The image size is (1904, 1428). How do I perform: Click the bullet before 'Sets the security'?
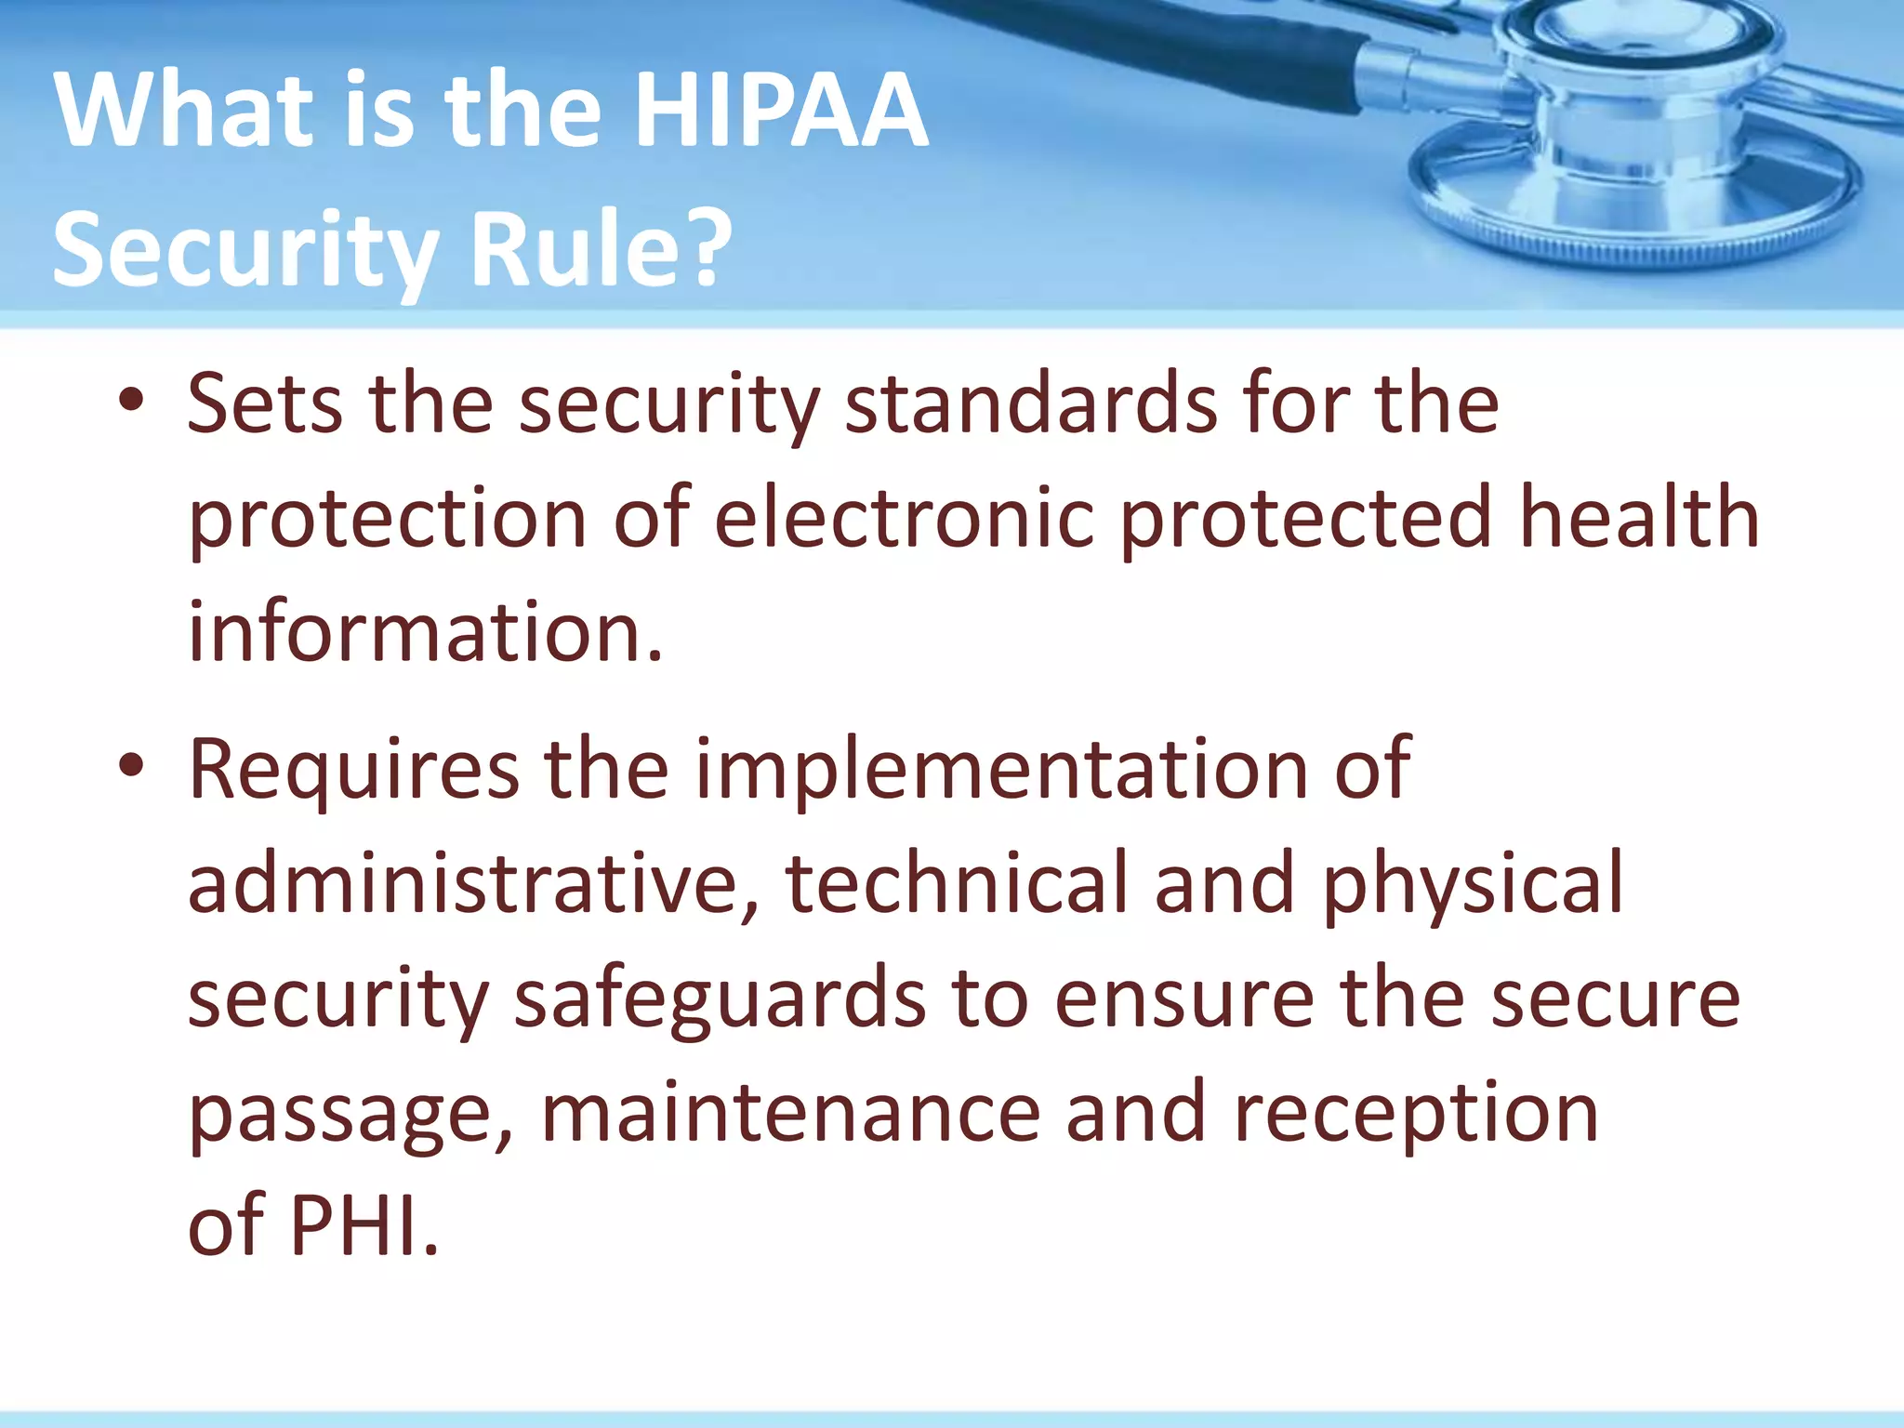[x=132, y=402]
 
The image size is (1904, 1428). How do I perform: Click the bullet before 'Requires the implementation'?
[x=132, y=766]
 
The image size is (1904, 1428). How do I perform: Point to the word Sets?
[x=264, y=403]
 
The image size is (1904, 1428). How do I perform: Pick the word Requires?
[x=353, y=770]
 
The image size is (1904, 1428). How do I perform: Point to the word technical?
[x=957, y=883]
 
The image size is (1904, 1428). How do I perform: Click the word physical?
[x=1473, y=883]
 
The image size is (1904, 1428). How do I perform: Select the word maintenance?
[x=790, y=1114]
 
